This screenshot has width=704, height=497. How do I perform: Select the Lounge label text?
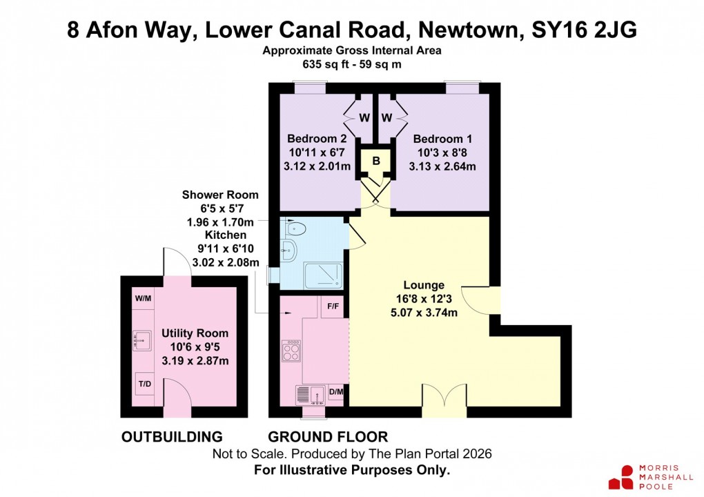pos(424,284)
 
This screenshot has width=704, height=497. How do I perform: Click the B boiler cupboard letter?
pos(376,161)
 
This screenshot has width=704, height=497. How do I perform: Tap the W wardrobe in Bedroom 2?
pos(364,117)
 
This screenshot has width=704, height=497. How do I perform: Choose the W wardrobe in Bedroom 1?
pos(387,117)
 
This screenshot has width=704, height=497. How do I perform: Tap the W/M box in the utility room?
pos(143,299)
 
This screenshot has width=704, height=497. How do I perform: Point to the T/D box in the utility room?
pos(144,383)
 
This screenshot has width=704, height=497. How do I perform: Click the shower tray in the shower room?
pos(320,274)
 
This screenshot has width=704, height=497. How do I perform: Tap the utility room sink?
pos(142,339)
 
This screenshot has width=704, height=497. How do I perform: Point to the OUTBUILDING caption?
pos(172,437)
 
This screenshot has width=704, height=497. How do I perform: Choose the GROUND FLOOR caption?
pos(328,437)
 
